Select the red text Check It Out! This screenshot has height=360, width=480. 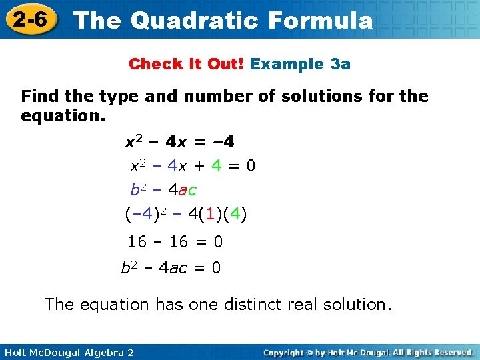[x=187, y=64]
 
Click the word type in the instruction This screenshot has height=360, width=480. [x=119, y=97]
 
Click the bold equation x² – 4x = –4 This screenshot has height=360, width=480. [x=180, y=142]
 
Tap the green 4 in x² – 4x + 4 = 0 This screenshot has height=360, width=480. [x=217, y=165]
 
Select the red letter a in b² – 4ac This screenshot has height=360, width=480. [x=183, y=191]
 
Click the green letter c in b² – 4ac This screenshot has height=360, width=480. [x=192, y=191]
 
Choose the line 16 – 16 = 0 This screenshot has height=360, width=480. [x=175, y=241]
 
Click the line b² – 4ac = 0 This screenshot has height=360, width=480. [x=171, y=268]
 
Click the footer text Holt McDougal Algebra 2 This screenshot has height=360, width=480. [x=67, y=352]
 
